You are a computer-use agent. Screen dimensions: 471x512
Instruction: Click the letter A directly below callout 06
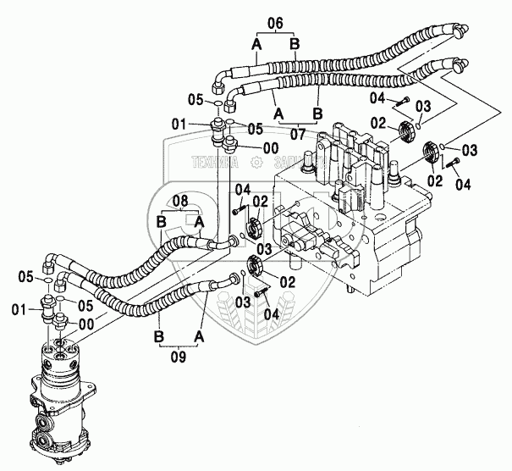click(254, 44)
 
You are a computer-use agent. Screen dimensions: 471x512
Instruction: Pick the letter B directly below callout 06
click(295, 44)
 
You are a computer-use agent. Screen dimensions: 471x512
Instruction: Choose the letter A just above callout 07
click(278, 111)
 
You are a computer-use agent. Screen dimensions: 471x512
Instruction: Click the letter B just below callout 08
click(160, 222)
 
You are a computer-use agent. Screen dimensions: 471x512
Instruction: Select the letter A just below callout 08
click(200, 222)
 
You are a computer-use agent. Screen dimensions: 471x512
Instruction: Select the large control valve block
click(364, 212)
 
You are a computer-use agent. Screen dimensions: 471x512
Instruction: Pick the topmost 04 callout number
click(377, 98)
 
